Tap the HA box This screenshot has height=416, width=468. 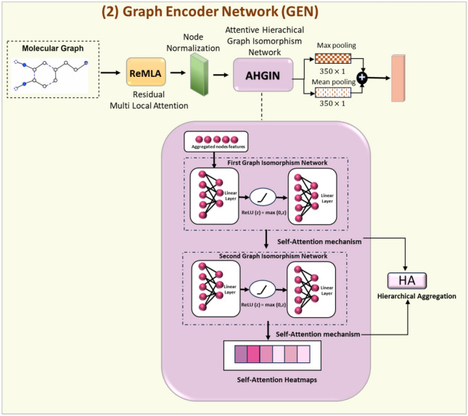(407, 280)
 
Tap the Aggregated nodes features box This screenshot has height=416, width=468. (217, 141)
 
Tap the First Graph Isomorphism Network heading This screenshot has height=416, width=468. (268, 163)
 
